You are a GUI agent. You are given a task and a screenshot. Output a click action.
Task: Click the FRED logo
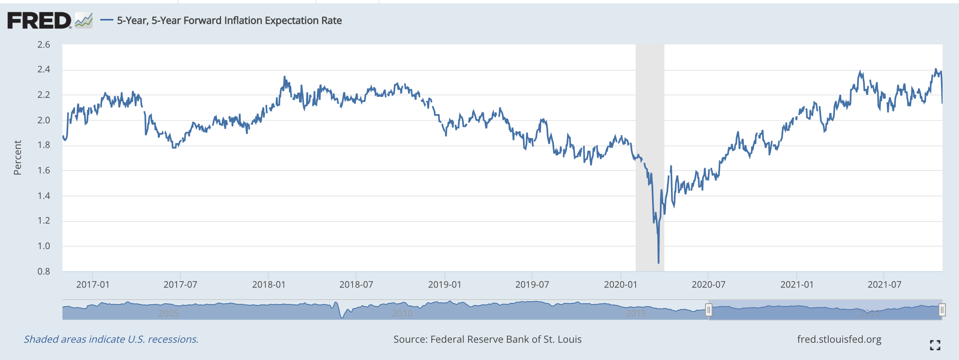coord(39,21)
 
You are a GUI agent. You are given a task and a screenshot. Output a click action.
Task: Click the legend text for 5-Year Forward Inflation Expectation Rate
coord(229,21)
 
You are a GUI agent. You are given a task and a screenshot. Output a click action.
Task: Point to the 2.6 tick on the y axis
coord(44,44)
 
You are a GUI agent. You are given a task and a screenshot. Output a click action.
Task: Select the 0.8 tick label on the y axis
coord(44,271)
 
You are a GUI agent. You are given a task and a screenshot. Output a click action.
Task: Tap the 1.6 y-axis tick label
coord(44,170)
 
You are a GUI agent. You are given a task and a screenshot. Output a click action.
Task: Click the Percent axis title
coord(17,158)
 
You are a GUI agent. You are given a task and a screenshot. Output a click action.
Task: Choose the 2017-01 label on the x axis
coord(93,284)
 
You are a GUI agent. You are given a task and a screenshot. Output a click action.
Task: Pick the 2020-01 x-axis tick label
coord(620,284)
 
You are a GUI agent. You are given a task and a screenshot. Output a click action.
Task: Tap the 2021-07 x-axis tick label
coord(884,284)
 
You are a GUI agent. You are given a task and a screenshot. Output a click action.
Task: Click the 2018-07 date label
coord(356,284)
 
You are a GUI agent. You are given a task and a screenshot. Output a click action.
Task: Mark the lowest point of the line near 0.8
coord(659,262)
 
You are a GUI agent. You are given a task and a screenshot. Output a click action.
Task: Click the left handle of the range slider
coord(708,310)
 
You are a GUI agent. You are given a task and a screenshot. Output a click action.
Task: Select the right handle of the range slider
coord(942,310)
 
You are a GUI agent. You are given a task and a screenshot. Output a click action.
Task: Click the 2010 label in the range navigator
coord(402,313)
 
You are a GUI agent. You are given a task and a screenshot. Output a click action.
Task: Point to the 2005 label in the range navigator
coord(168,313)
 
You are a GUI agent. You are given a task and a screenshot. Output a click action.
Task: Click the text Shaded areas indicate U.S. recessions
coord(111,339)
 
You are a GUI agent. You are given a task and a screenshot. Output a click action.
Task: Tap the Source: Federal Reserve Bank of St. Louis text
coord(487,339)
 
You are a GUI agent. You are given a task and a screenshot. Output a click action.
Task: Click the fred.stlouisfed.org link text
coord(839,339)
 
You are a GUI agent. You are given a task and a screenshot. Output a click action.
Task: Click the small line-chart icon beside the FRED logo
coord(84,20)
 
